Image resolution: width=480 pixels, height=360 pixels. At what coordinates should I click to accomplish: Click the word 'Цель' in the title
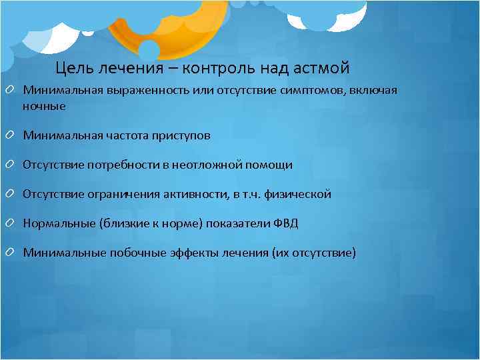73,68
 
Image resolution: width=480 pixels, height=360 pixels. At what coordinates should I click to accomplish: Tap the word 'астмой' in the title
321,68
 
